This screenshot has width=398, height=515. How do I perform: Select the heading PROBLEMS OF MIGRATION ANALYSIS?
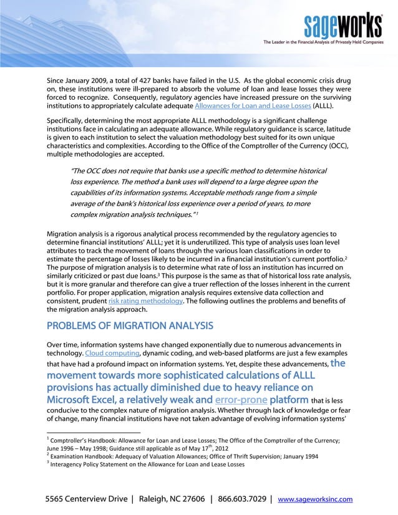point(131,325)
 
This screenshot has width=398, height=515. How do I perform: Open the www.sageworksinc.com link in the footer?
point(314,499)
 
